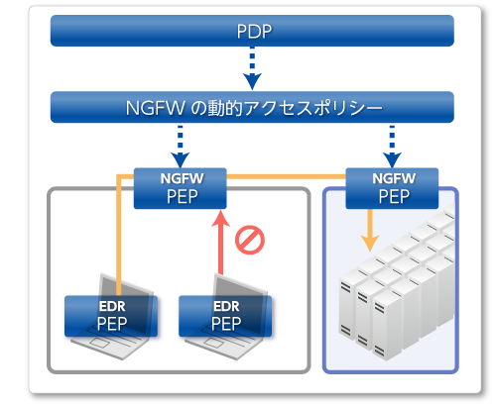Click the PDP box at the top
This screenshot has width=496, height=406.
coord(252,31)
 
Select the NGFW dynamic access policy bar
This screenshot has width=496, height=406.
coord(252,107)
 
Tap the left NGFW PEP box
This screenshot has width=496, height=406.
coord(180,188)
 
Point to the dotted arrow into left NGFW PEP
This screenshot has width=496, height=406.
coord(180,145)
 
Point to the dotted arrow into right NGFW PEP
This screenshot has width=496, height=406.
coord(392,145)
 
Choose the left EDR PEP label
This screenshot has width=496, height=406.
coord(110,315)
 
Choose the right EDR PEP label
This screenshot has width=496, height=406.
coord(224,315)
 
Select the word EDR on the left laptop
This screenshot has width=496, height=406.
coord(111,306)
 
